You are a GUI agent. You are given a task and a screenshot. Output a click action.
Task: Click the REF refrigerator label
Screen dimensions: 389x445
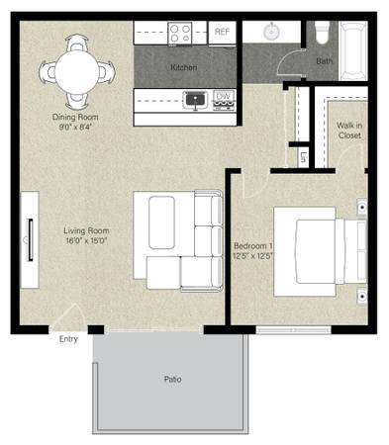click(x=222, y=32)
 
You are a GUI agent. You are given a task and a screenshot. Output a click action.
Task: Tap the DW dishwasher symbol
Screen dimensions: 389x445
click(x=224, y=100)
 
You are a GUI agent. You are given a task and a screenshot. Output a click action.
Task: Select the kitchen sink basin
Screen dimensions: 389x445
click(x=195, y=99)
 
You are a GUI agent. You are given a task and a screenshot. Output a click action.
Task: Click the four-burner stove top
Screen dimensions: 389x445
click(x=180, y=34)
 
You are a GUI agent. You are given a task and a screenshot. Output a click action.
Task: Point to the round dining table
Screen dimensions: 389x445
click(x=76, y=72)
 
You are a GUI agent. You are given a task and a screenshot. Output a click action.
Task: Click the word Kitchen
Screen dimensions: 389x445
click(x=184, y=67)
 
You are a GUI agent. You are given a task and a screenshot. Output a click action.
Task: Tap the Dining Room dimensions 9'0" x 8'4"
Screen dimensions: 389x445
click(x=75, y=127)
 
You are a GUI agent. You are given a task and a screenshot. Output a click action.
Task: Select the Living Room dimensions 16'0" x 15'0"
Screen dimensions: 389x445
click(x=86, y=240)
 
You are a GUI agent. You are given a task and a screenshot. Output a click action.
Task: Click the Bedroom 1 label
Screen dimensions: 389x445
click(x=253, y=246)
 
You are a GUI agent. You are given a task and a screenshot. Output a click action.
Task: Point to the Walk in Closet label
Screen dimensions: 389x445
click(x=349, y=131)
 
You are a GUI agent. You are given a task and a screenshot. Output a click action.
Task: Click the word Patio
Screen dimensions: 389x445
click(x=173, y=379)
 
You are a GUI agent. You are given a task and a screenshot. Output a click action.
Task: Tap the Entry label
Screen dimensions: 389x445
click(x=68, y=339)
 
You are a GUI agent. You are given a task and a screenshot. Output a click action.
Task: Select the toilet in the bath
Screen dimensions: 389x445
click(x=323, y=32)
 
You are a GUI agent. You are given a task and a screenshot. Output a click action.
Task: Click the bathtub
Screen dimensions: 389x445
click(x=353, y=50)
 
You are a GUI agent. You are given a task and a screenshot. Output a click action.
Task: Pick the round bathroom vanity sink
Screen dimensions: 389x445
click(x=271, y=32)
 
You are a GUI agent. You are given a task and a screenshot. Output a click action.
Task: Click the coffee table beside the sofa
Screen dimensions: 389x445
click(x=161, y=222)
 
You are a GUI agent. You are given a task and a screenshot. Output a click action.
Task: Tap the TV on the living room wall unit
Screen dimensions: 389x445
click(x=31, y=240)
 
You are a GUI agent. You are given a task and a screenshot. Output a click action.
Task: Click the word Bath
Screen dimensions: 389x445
click(x=325, y=61)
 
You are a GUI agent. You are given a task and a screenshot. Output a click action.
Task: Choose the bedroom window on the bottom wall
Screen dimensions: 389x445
click(x=294, y=330)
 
